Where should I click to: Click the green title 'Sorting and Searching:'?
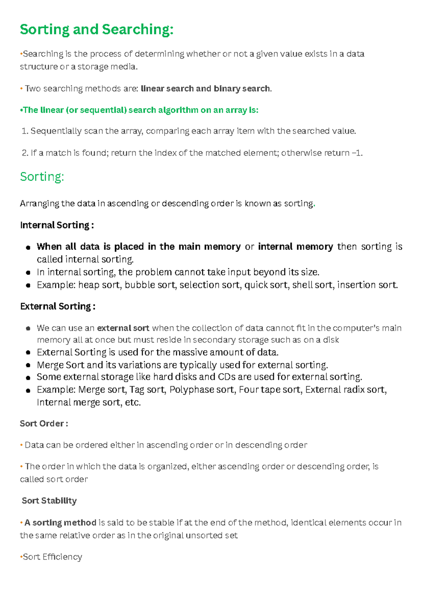point(97,30)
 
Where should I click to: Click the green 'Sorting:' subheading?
point(42,177)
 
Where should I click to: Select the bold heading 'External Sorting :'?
point(58,307)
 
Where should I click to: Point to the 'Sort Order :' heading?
point(44,423)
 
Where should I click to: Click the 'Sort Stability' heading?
point(49,501)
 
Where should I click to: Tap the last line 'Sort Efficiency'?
point(52,557)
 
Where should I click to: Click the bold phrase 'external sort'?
point(123,328)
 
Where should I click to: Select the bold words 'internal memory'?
point(295,247)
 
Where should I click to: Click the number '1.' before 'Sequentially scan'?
point(25,131)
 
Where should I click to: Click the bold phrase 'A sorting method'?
point(60,523)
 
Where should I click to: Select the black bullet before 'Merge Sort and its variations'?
point(28,366)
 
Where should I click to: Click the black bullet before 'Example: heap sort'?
point(28,285)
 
